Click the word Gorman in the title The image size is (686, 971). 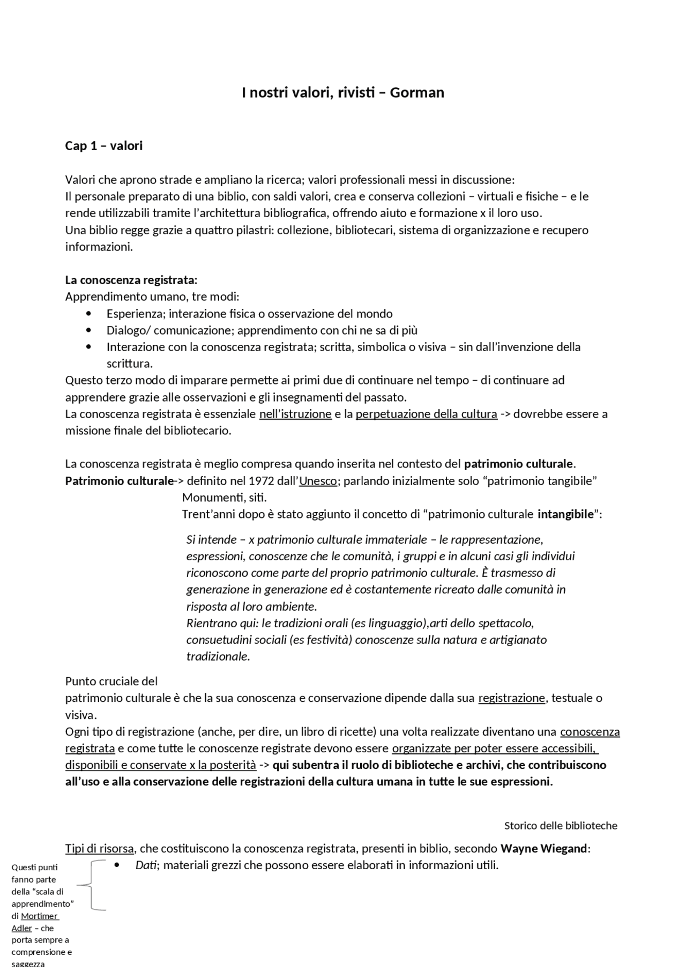pyautogui.click(x=416, y=93)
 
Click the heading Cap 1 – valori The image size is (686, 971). pyautogui.click(x=104, y=146)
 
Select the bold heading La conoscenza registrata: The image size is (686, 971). pyautogui.click(x=131, y=280)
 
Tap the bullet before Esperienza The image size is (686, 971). pyautogui.click(x=88, y=314)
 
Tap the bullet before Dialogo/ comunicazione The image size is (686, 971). pyautogui.click(x=88, y=330)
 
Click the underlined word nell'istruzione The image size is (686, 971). pyautogui.click(x=295, y=414)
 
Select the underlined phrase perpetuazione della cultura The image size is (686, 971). pyautogui.click(x=426, y=414)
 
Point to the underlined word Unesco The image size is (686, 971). pyautogui.click(x=318, y=480)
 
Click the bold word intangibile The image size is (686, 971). pyautogui.click(x=565, y=514)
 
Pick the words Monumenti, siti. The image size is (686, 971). pyautogui.click(x=224, y=498)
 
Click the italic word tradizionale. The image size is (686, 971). pyautogui.click(x=217, y=656)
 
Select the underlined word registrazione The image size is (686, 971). pyautogui.click(x=511, y=698)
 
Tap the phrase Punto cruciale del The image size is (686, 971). pyautogui.click(x=111, y=681)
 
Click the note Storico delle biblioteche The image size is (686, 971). pyautogui.click(x=561, y=826)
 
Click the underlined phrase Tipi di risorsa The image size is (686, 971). pyautogui.click(x=100, y=849)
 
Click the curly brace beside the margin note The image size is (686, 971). pyautogui.click(x=92, y=885)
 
